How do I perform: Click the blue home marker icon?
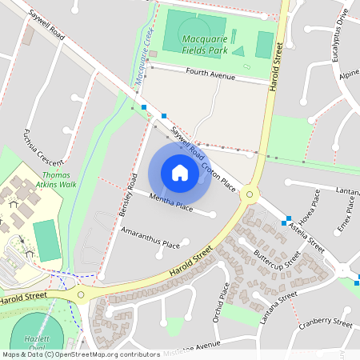(x=179, y=172)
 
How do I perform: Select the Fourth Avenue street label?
(x=210, y=76)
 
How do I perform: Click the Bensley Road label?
(x=128, y=195)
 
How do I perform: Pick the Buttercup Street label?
(x=276, y=260)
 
